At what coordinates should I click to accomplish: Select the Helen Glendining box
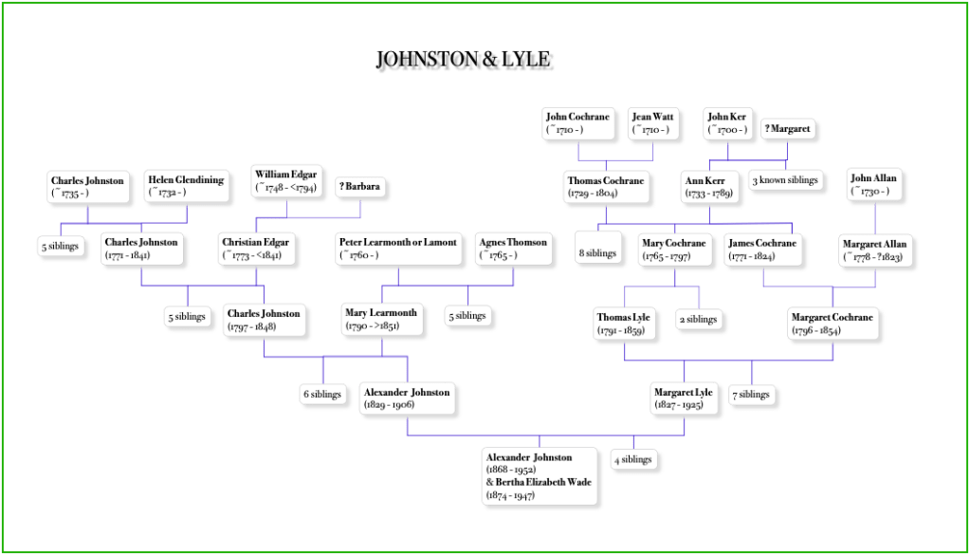(x=186, y=186)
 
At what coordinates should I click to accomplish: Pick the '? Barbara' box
(x=361, y=187)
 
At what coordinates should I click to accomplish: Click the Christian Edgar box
(x=255, y=248)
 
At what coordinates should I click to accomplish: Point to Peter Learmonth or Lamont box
(x=398, y=248)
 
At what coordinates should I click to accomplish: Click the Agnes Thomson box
(x=513, y=248)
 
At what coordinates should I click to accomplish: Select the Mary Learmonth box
(x=380, y=320)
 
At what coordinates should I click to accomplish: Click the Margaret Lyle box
(x=683, y=397)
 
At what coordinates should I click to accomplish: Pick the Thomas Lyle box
(x=624, y=323)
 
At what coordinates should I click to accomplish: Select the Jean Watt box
(x=653, y=123)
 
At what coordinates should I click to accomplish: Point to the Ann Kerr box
(x=711, y=186)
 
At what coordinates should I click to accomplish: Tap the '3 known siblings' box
(x=785, y=180)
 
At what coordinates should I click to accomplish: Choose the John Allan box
(x=875, y=184)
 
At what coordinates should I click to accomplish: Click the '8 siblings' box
(x=598, y=253)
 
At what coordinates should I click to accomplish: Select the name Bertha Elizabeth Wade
(x=540, y=482)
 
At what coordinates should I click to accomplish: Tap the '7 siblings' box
(x=752, y=394)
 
